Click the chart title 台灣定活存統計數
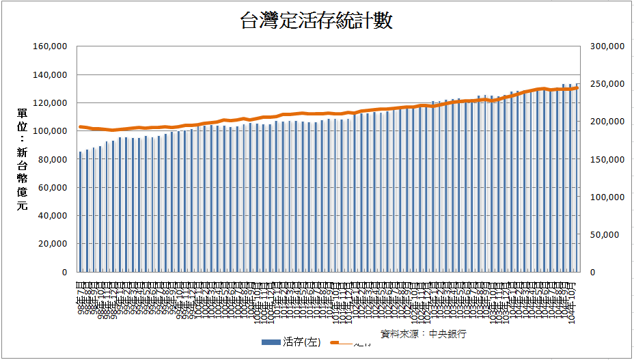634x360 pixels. tap(316, 21)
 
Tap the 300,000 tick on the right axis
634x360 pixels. tap(605, 46)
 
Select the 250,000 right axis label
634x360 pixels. tap(605, 84)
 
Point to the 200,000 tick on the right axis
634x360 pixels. tap(605, 122)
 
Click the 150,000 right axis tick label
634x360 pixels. tap(605, 159)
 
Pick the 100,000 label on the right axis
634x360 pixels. tap(605, 197)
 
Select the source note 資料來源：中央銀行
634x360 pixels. tap(424, 334)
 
